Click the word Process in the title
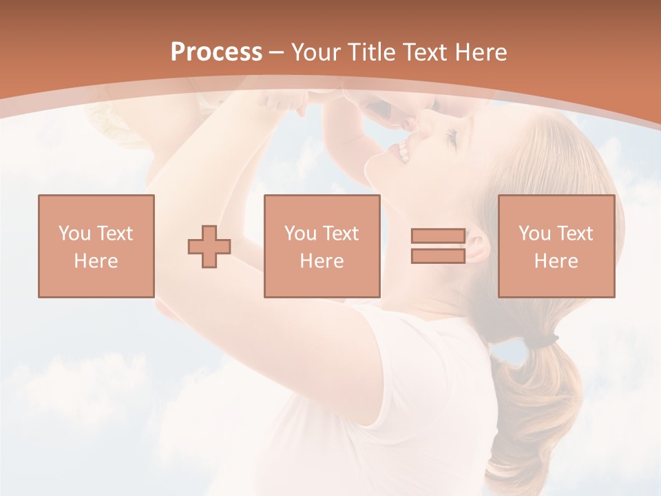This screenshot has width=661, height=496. (x=216, y=52)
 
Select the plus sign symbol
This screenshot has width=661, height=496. (x=209, y=247)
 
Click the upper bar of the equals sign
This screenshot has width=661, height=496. (x=438, y=236)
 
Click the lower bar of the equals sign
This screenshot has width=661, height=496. (x=438, y=256)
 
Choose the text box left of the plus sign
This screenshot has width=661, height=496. (x=96, y=246)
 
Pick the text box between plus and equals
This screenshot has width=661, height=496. (x=322, y=246)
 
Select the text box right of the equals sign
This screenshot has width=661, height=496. (x=556, y=246)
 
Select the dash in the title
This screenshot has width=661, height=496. (x=277, y=52)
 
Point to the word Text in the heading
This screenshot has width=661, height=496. (x=422, y=52)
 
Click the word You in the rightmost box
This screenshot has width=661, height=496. (x=534, y=234)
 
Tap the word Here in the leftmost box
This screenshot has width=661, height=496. (x=96, y=261)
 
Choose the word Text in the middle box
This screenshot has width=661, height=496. (x=340, y=234)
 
